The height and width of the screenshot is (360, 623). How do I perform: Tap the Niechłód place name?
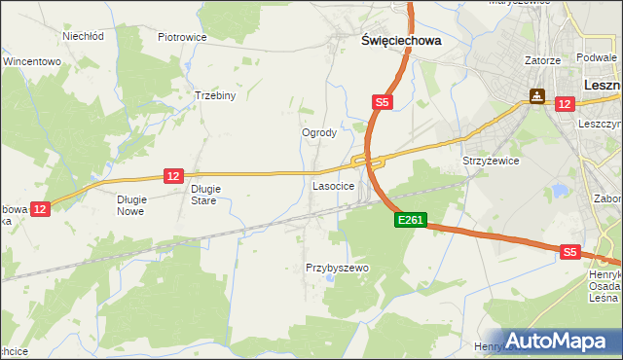coord(83,36)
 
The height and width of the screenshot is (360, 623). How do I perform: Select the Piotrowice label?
coord(182,37)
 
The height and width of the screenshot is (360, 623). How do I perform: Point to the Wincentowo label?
coord(32,60)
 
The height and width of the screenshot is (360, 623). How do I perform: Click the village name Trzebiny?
coord(215,96)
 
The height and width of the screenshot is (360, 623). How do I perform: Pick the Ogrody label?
coord(319,133)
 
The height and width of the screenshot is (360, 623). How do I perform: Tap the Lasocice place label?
coord(332,184)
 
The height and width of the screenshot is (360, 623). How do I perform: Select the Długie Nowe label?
coord(130,204)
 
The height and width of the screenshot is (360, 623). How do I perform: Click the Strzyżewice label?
coord(491,161)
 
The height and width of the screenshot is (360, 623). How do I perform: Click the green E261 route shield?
coord(410,221)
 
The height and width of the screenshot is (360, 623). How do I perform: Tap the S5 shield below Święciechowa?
coord(383,101)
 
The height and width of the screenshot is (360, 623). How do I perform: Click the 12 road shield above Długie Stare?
coord(173,175)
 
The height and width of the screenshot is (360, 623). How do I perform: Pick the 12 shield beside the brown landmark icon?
coord(563,103)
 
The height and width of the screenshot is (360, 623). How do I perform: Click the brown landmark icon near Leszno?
coord(536,97)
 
